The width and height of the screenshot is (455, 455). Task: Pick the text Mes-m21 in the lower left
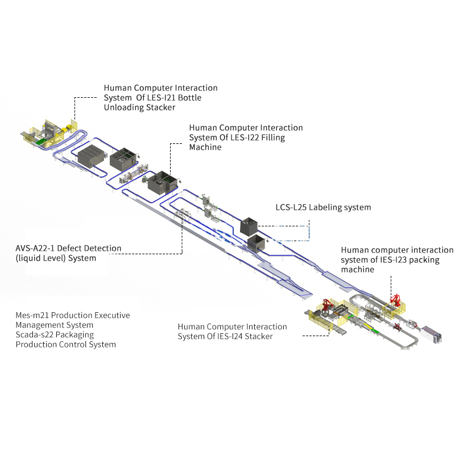pos(32,315)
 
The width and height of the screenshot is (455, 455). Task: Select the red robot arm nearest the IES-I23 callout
pos(394,300)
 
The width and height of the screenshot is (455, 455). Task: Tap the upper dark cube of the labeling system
pos(250,227)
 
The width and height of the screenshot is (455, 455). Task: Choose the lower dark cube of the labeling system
pos(257,243)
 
